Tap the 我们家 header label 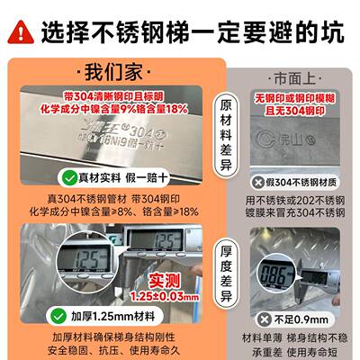tap(112, 70)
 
